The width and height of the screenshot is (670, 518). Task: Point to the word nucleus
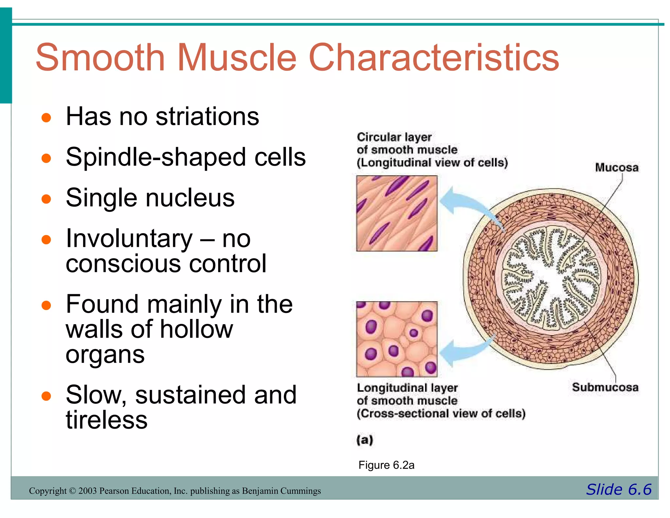pyautogui.click(x=190, y=198)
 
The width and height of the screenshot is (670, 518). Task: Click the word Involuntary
pyautogui.click(x=129, y=239)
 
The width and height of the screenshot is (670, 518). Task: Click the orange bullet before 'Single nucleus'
pyautogui.click(x=46, y=199)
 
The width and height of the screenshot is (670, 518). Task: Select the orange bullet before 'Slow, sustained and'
pyautogui.click(x=46, y=396)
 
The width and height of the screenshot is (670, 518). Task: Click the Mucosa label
pyautogui.click(x=617, y=168)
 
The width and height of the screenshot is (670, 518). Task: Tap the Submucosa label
pyautogui.click(x=605, y=387)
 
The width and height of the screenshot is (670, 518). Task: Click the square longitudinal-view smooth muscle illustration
pyautogui.click(x=397, y=213)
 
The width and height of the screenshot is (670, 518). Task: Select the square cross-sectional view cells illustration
pyautogui.click(x=397, y=339)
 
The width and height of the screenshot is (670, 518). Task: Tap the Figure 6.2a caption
pyautogui.click(x=386, y=465)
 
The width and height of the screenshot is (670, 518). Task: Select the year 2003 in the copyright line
pyautogui.click(x=87, y=491)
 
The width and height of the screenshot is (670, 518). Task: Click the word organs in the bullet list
pyautogui.click(x=105, y=355)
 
